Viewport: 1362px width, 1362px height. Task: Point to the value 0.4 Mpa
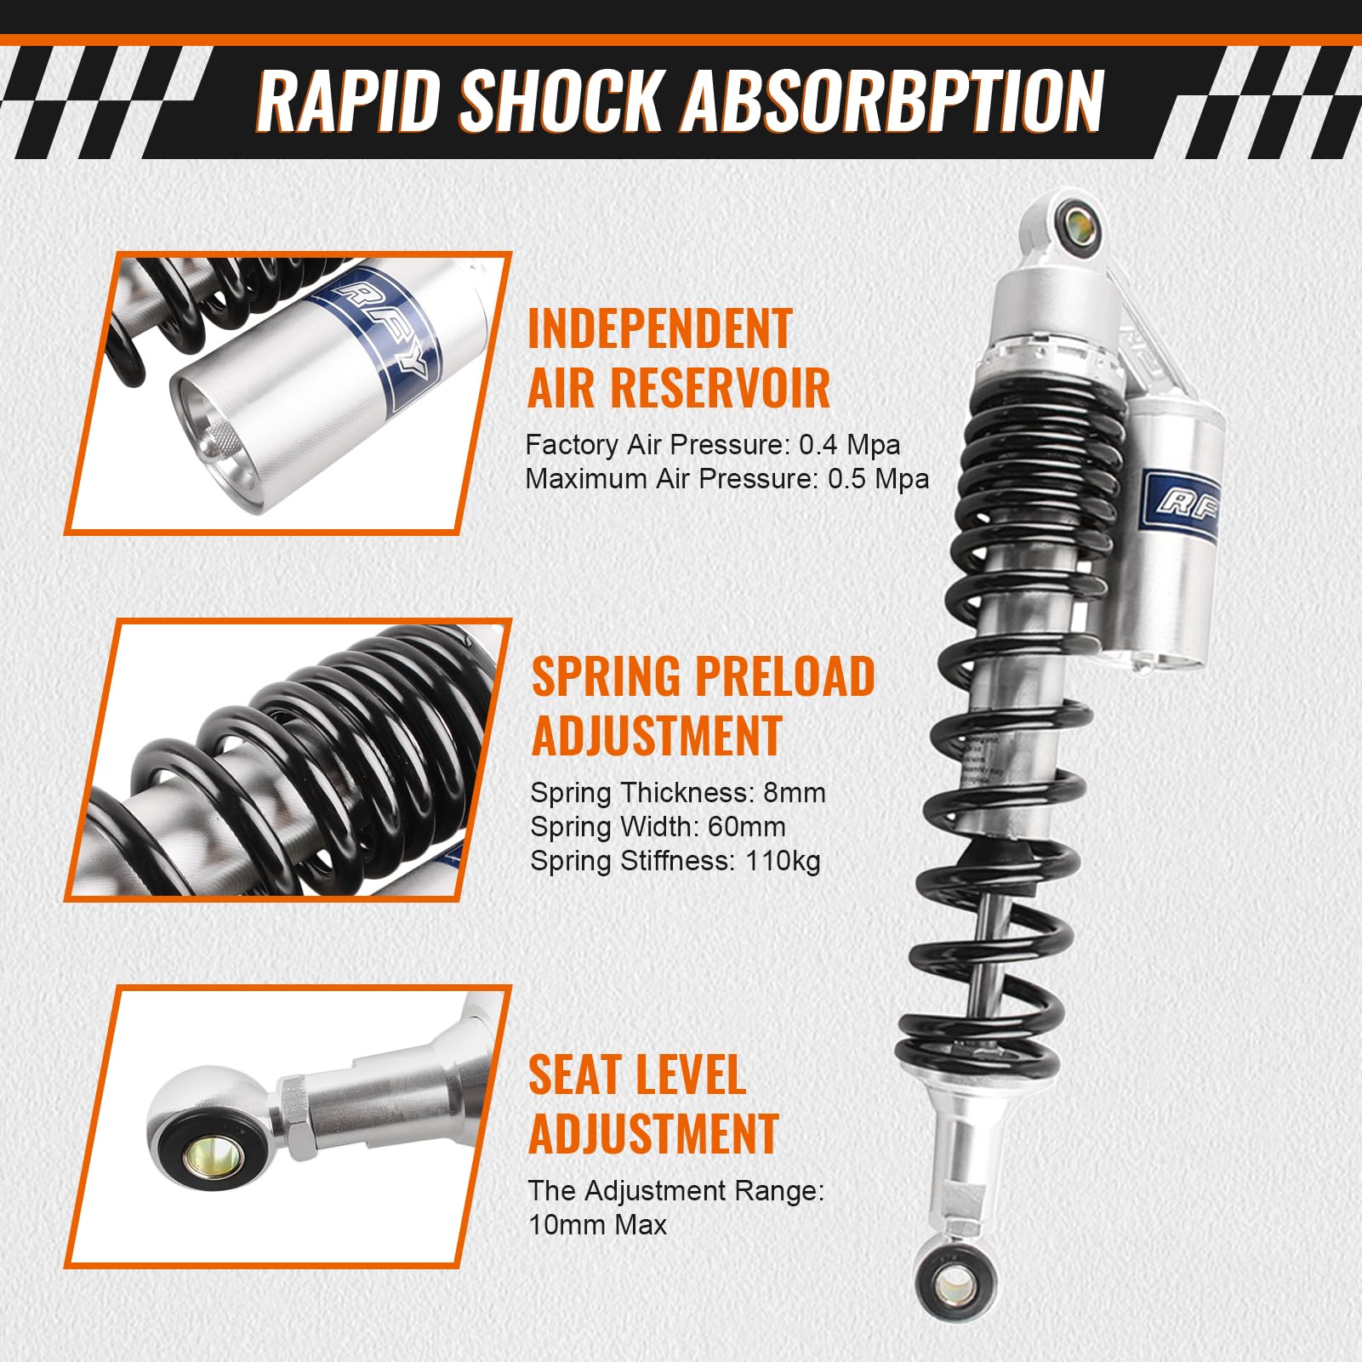849,445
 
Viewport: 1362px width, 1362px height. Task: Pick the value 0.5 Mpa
878,479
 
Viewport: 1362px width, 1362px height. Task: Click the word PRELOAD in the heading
785,676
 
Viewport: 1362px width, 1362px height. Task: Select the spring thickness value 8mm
795,793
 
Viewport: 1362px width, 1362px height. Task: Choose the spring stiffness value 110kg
783,861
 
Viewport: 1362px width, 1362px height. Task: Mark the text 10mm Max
597,1225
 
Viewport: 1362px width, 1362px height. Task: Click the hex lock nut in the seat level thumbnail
293,1117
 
